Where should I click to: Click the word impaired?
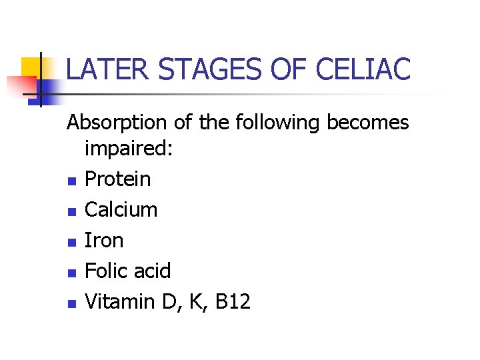point(129,149)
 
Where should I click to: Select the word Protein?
point(119,179)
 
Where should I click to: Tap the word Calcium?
point(121,209)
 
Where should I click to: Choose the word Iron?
point(105,240)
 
